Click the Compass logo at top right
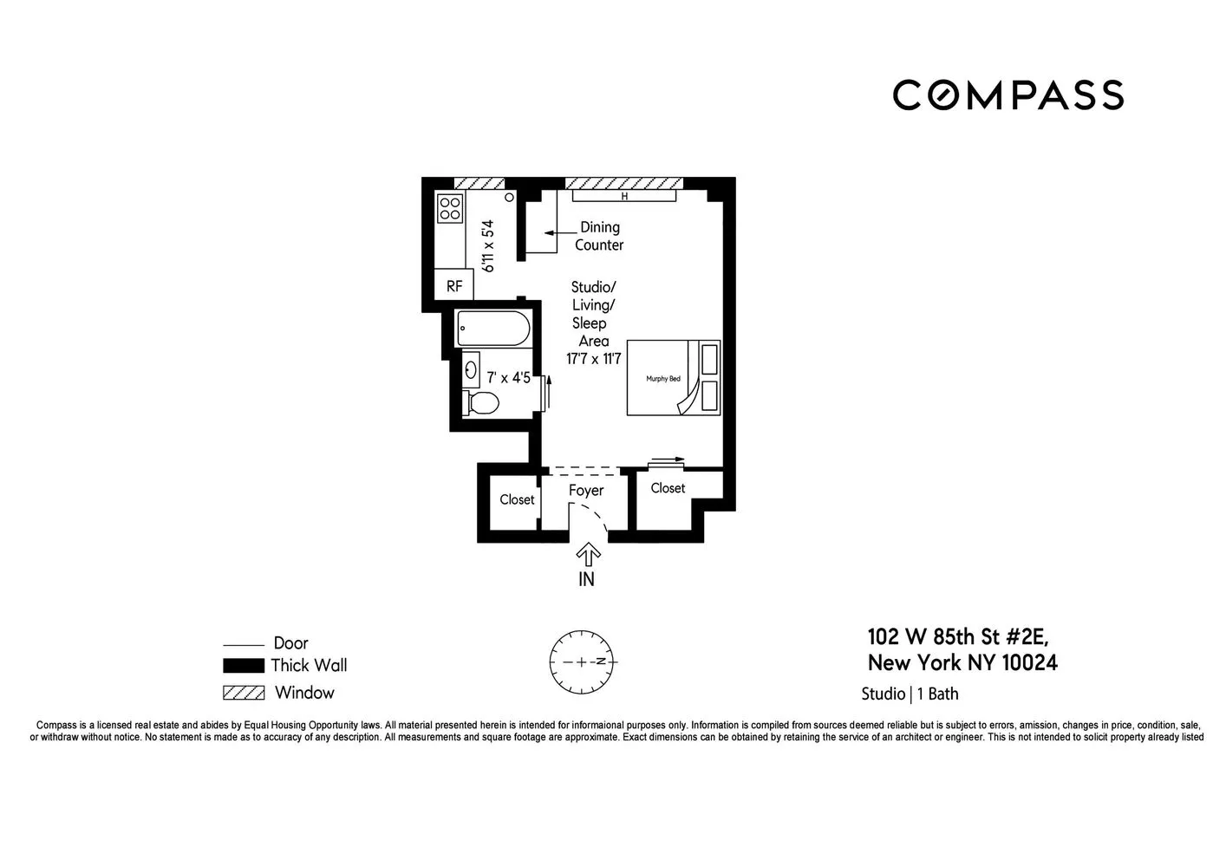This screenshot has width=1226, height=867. pyautogui.click(x=1008, y=95)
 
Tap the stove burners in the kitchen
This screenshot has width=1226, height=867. pyautogui.click(x=450, y=208)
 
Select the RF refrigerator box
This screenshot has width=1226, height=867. pyautogui.click(x=453, y=285)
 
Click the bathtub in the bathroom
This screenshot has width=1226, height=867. pyautogui.click(x=492, y=329)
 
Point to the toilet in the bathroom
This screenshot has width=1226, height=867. pyautogui.click(x=482, y=402)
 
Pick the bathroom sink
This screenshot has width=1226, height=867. pyautogui.click(x=472, y=370)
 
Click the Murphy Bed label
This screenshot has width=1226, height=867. pyautogui.click(x=663, y=379)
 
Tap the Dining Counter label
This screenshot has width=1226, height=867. pyautogui.click(x=599, y=236)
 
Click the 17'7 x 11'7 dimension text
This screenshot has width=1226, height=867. pyautogui.click(x=594, y=359)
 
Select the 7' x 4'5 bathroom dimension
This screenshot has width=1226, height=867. pyautogui.click(x=508, y=377)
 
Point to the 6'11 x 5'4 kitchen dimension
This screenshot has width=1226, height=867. pyautogui.click(x=489, y=246)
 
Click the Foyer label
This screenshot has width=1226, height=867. pyautogui.click(x=586, y=491)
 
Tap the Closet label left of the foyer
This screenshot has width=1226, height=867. pyautogui.click(x=517, y=499)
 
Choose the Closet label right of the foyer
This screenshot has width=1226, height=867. pyautogui.click(x=668, y=488)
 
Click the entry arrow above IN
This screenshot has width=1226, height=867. pyautogui.click(x=588, y=554)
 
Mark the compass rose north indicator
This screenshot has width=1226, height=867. pyautogui.click(x=611, y=662)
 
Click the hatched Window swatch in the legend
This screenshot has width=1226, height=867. pyautogui.click(x=244, y=693)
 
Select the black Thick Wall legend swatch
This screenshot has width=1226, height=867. pyautogui.click(x=244, y=666)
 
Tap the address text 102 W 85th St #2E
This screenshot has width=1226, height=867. pyautogui.click(x=957, y=637)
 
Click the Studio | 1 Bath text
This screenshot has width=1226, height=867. pyautogui.click(x=910, y=694)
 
